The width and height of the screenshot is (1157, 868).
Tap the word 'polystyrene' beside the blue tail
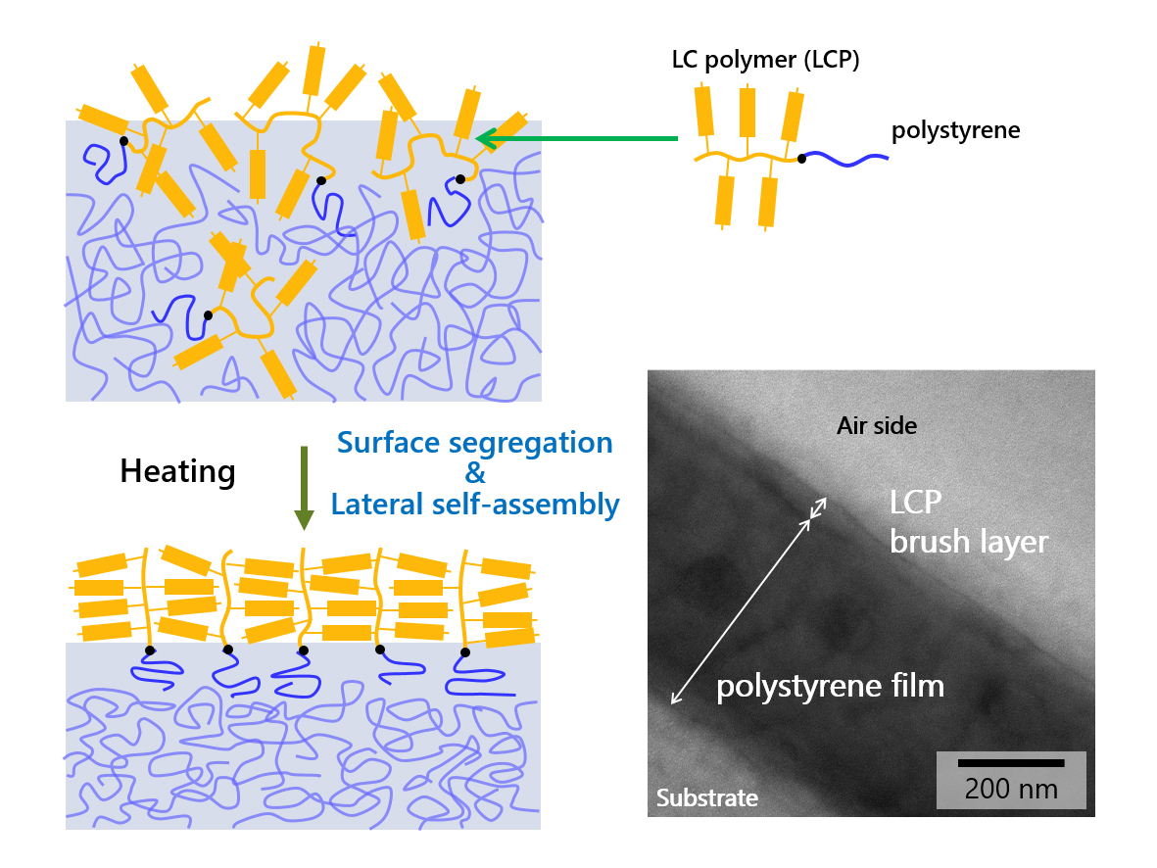click(955, 130)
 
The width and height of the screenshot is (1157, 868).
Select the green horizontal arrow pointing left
click(578, 139)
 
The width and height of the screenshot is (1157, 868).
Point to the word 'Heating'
click(177, 472)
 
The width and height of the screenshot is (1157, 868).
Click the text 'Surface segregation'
click(474, 442)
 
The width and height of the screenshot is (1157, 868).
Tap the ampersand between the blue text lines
click(475, 473)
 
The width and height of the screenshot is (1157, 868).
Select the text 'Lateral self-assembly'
click(475, 505)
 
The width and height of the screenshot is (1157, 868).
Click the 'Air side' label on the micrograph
click(877, 425)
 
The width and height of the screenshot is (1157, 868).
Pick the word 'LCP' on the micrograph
click(916, 503)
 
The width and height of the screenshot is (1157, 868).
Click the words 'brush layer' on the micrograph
click(968, 541)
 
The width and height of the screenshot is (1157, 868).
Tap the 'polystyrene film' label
click(830, 686)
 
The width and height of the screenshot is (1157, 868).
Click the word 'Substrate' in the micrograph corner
click(706, 797)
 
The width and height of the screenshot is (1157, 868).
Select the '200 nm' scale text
click(1011, 789)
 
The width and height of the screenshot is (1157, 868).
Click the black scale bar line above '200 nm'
click(1011, 762)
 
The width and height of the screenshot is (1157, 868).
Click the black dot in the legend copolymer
click(801, 158)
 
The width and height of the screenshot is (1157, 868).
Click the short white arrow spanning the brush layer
click(817, 509)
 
